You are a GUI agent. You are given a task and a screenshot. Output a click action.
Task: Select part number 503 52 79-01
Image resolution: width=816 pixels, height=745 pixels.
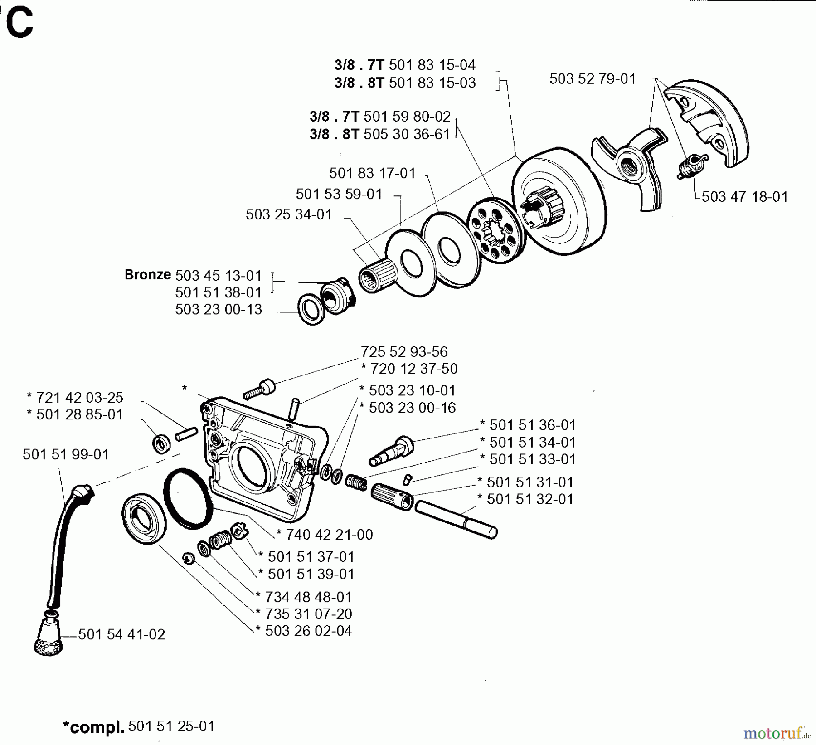click(592, 79)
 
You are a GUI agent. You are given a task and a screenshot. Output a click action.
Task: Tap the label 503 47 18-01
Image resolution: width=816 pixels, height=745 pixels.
click(744, 196)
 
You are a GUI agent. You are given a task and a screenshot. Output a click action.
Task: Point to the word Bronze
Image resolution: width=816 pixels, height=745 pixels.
click(147, 274)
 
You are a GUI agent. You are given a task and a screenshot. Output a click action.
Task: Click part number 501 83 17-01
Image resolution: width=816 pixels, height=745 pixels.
click(372, 173)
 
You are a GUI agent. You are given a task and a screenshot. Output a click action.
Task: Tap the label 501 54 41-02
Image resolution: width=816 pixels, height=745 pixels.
click(121, 634)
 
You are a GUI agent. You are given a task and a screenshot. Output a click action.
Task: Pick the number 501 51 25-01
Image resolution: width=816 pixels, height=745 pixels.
click(171, 726)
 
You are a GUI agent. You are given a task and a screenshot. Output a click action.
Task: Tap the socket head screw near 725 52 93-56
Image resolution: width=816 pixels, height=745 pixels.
click(259, 389)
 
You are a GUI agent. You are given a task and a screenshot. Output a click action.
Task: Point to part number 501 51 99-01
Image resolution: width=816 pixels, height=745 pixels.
click(66, 454)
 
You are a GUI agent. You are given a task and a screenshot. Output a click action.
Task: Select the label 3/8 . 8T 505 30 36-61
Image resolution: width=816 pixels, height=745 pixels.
click(379, 134)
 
